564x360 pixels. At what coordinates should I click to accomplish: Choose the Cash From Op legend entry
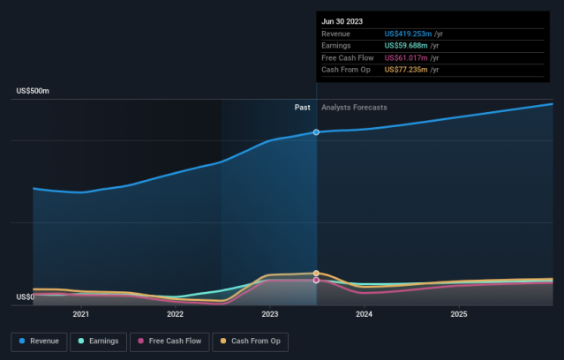[251, 341]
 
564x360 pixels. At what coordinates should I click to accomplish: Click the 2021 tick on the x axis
[80, 313]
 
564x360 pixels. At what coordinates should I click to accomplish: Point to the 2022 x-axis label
[175, 313]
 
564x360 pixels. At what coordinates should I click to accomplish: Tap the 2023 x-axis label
[269, 313]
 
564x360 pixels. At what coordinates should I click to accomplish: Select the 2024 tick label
[364, 313]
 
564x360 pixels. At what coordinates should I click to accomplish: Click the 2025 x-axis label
[458, 313]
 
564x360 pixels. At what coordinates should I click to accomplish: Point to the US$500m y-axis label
[33, 91]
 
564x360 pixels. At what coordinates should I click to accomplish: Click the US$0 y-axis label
[25, 297]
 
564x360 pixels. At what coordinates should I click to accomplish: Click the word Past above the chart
[302, 108]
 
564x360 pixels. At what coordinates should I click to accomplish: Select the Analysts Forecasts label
[353, 108]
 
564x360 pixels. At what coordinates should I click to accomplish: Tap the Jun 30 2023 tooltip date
[342, 21]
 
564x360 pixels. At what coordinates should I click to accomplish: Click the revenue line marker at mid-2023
[317, 132]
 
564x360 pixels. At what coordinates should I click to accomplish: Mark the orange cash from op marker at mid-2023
[317, 273]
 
